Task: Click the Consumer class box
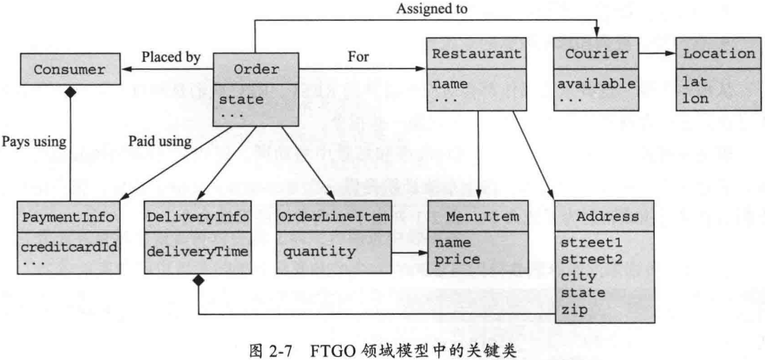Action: pos(70,71)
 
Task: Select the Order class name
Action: pos(256,70)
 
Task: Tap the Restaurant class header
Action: pos(476,54)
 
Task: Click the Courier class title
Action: pos(595,54)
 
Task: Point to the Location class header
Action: pos(718,54)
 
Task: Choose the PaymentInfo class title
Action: pos(69,216)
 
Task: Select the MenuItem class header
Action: pos(476,216)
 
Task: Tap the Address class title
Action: pos(605,216)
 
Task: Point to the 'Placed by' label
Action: pos(170,56)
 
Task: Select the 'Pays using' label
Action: pos(33,142)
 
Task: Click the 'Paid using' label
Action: pos(159,142)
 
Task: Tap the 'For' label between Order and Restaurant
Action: pos(358,56)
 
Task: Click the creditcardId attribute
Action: pos(69,246)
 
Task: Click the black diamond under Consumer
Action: pos(71,93)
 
